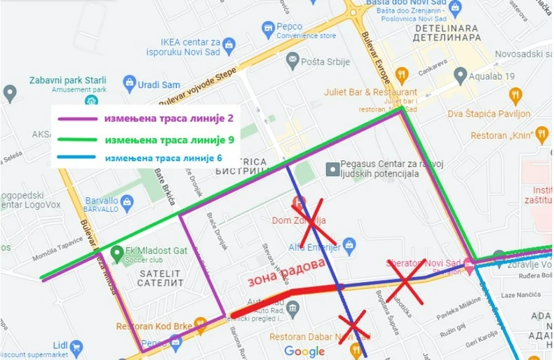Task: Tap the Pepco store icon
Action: [x=267, y=29]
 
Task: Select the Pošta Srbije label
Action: [x=325, y=62]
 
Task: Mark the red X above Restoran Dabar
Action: [x=354, y=326]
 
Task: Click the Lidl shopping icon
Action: [x=76, y=346]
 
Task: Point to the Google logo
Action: [x=304, y=351]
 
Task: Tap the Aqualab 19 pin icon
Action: [x=461, y=74]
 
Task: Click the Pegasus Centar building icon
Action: [x=333, y=168]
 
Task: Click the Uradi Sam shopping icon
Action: [x=129, y=84]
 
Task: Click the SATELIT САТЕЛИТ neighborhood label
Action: [x=161, y=278]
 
